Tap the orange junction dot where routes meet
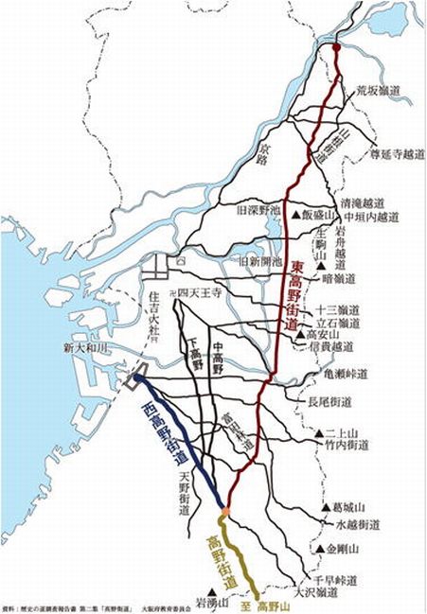coord(226,512)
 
